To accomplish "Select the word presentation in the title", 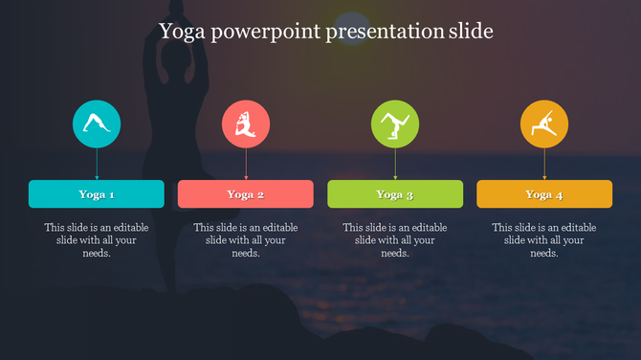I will coord(386,32).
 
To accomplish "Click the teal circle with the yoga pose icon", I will coord(97,124).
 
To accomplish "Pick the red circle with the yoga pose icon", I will coord(246,124).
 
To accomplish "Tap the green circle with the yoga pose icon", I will coord(395,124).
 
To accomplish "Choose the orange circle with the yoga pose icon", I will coord(544,124).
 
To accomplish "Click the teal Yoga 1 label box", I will coord(97,194).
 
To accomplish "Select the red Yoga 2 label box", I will coord(246,194).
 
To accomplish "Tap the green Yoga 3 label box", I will coord(395,194).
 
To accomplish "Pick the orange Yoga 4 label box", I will coord(544,194).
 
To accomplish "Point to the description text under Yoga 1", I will coord(97,240).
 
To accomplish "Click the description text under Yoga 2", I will coord(246,240).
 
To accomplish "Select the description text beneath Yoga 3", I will coord(395,240).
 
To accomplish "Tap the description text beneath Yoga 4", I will coord(544,240).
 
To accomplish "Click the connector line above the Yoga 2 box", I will coord(246,164).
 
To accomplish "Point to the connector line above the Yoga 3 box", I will coord(395,164).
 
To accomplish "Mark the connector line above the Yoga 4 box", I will coord(544,164).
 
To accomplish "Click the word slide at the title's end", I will coord(471,32).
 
